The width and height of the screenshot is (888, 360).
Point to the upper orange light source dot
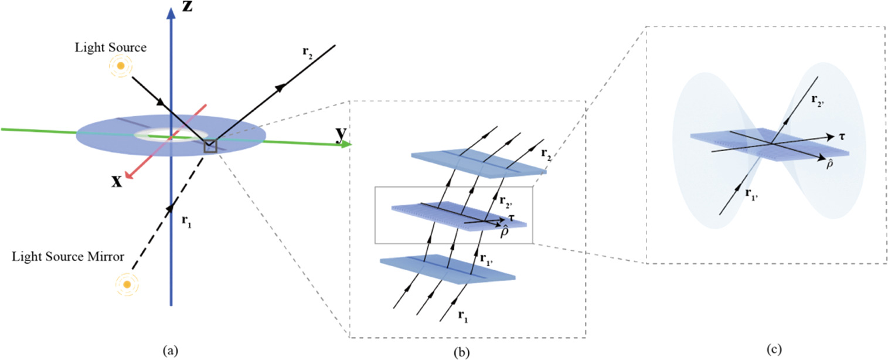point(121,67)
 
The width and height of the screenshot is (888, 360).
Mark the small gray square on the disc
point(210,146)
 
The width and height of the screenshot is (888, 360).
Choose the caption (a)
point(170,352)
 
